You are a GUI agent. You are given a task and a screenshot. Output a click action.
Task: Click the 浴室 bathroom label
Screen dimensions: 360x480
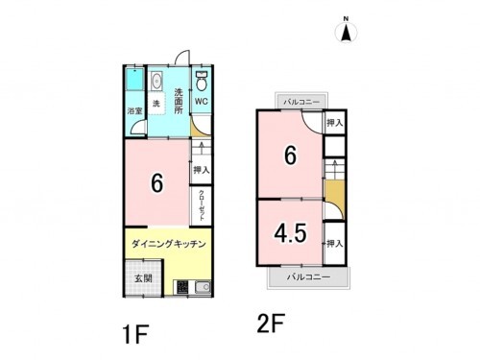coord(135,111)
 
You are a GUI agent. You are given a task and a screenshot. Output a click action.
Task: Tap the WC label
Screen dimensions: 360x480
coord(203,100)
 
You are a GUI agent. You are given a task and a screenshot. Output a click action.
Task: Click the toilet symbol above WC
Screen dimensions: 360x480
coord(203,79)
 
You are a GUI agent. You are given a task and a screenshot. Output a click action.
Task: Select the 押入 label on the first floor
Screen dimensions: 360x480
coord(201,170)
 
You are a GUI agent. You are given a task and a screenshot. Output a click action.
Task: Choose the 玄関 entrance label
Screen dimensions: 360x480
coord(136,279)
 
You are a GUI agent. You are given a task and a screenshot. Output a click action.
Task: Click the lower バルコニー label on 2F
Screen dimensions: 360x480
coord(307,276)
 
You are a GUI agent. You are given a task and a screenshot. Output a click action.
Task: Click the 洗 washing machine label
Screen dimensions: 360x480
coord(156,103)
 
